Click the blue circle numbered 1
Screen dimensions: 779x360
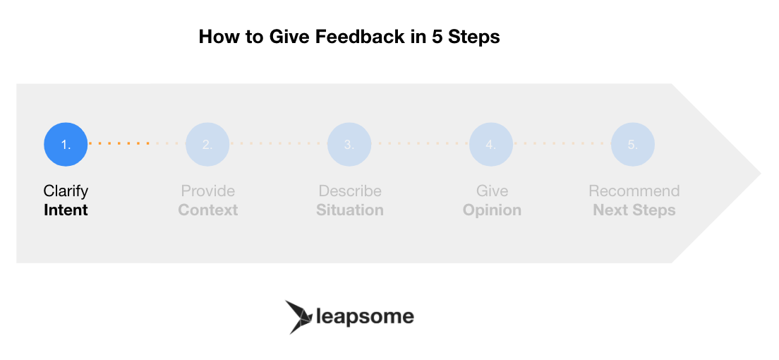(x=66, y=144)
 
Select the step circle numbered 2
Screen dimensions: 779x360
(x=207, y=144)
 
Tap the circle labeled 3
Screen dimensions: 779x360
(x=349, y=144)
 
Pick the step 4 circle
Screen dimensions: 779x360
(x=491, y=144)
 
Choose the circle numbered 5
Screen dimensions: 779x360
(x=632, y=144)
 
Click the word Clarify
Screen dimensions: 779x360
(x=66, y=191)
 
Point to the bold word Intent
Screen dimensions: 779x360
(x=66, y=210)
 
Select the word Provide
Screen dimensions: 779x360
(x=207, y=191)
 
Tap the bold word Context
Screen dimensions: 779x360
(x=207, y=210)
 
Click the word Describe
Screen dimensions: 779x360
(x=350, y=191)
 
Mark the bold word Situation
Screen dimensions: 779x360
(x=350, y=210)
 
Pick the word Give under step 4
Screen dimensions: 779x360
(x=492, y=191)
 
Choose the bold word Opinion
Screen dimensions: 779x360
(x=492, y=210)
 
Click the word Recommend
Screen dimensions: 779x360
(x=634, y=191)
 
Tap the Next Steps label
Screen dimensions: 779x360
(x=634, y=210)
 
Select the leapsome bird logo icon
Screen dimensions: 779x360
(x=299, y=317)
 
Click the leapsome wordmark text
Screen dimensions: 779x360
(x=366, y=317)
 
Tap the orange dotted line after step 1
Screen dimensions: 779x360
(x=119, y=144)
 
